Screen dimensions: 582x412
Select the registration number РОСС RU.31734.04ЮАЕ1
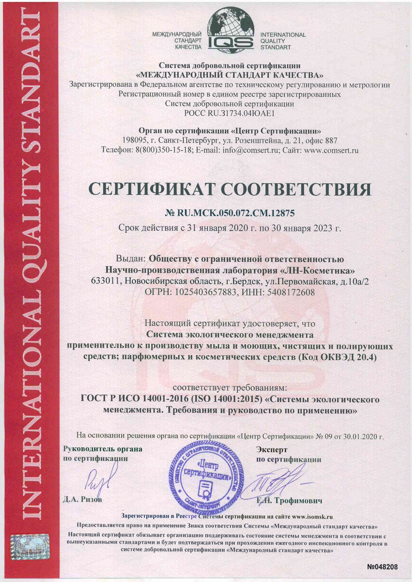pyautogui.click(x=230, y=113)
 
